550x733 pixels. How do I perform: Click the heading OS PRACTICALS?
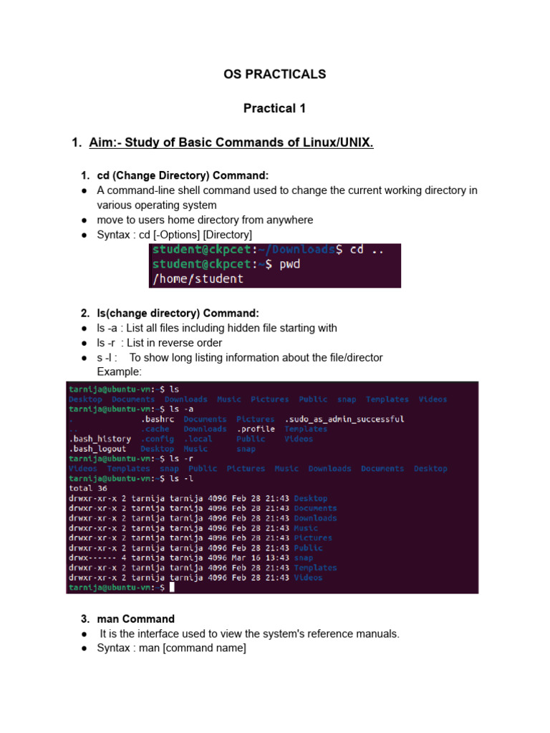(x=274, y=74)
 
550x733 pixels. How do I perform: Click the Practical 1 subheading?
(x=274, y=108)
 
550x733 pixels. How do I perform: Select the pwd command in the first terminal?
(x=290, y=264)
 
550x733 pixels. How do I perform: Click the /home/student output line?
(x=196, y=278)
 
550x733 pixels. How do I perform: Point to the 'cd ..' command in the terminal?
(x=367, y=250)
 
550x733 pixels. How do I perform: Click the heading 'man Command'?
(x=135, y=618)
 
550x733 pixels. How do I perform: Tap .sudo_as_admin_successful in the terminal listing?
(x=344, y=419)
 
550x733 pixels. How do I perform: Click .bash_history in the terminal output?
(x=100, y=439)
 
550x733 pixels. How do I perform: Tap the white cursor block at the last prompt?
(x=172, y=588)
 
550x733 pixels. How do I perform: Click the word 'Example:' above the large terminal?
(x=119, y=372)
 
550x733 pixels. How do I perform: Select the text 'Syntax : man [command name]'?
(x=171, y=648)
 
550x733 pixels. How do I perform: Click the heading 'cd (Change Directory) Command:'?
(x=183, y=175)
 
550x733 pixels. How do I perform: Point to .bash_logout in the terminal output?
(x=97, y=449)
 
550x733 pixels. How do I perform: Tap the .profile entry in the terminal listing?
(x=255, y=429)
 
